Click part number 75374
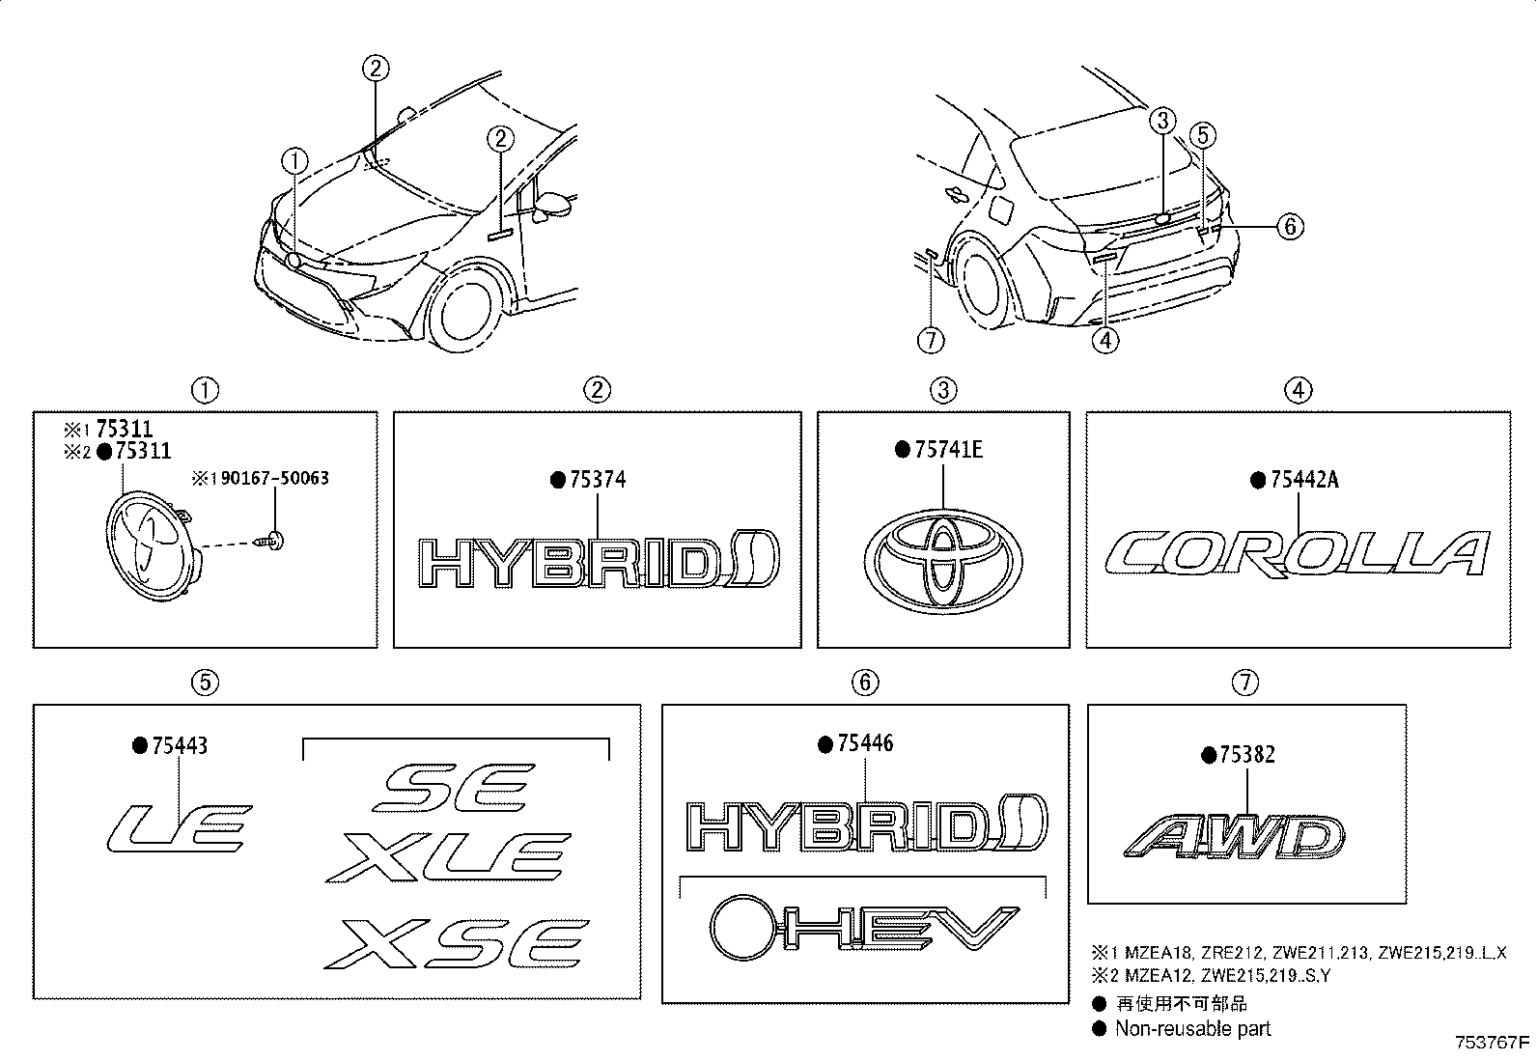(x=597, y=480)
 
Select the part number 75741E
(x=947, y=449)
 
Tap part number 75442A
(x=1302, y=480)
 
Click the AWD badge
(x=1234, y=837)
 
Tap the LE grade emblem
(x=178, y=826)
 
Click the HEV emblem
(x=858, y=928)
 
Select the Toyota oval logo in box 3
(x=942, y=564)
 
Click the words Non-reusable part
(x=1192, y=1028)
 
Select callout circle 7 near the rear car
(x=931, y=340)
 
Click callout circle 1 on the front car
(x=295, y=160)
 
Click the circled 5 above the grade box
(x=205, y=683)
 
